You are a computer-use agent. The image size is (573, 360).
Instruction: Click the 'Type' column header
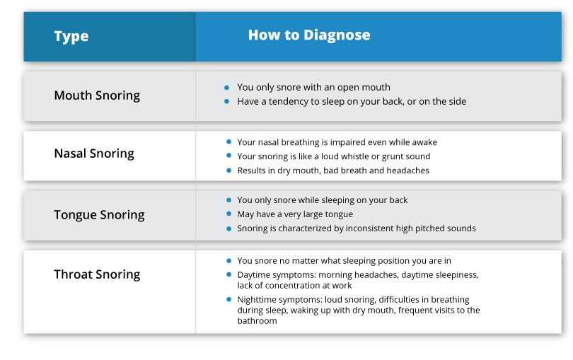[x=71, y=36]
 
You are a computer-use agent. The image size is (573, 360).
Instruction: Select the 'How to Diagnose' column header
[x=308, y=35]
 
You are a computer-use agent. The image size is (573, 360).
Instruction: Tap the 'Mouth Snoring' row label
[x=97, y=95]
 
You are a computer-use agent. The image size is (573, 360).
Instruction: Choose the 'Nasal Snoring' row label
[x=94, y=153]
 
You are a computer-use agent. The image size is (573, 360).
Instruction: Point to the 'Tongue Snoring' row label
[x=99, y=214]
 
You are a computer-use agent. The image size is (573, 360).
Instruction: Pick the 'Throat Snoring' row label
[x=97, y=274]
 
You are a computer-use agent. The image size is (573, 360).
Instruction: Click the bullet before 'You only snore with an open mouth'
[x=227, y=88]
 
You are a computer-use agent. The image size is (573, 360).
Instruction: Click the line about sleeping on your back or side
[x=352, y=101]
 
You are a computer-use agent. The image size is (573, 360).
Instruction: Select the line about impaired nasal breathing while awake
[x=337, y=142]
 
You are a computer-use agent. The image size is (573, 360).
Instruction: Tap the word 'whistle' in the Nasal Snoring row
[x=363, y=156]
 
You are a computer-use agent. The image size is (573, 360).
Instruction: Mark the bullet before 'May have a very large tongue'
[x=227, y=214]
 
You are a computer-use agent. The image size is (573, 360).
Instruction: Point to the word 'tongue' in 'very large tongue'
[x=338, y=214]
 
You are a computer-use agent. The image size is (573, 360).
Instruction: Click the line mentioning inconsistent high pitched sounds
[x=357, y=228]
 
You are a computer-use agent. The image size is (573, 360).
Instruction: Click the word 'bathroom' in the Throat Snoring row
[x=257, y=321]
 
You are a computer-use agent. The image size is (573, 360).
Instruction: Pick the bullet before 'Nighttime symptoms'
[x=227, y=300]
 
